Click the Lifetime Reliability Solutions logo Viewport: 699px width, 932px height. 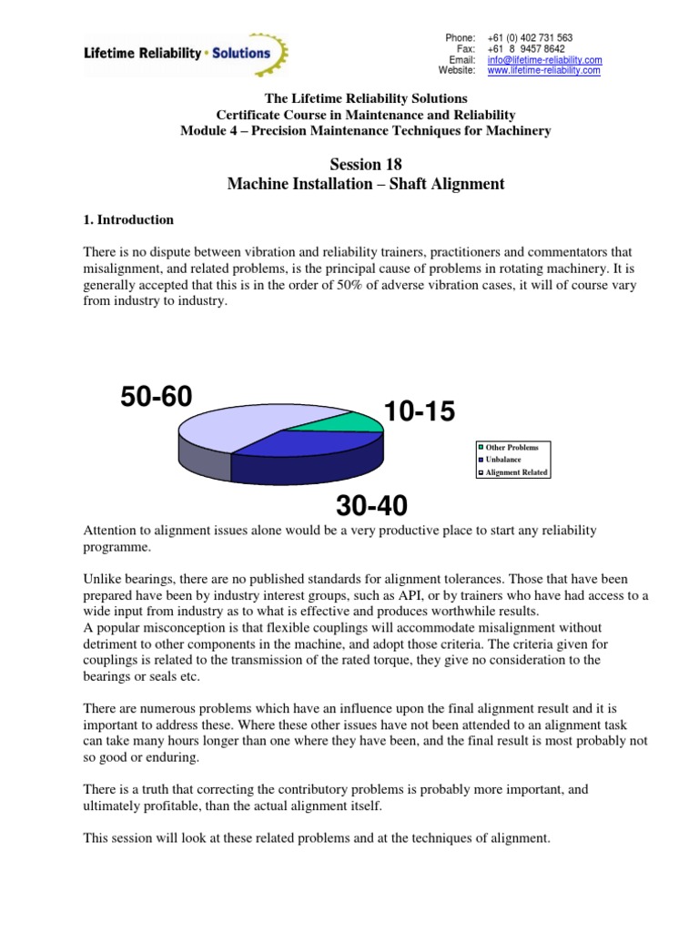[x=187, y=53]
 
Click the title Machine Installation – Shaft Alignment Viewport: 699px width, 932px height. [x=364, y=184]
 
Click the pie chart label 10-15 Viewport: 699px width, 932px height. [x=419, y=412]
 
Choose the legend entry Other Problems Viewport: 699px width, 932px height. [x=512, y=448]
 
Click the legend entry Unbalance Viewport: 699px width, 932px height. [x=502, y=460]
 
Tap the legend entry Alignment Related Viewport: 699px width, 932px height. [x=516, y=472]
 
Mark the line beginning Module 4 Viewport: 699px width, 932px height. [x=366, y=132]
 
